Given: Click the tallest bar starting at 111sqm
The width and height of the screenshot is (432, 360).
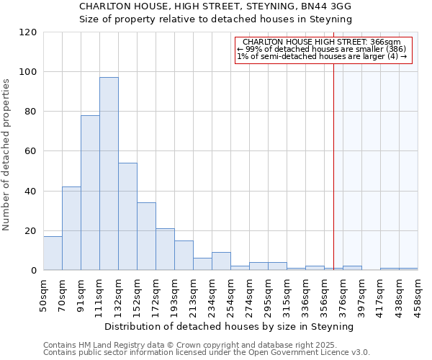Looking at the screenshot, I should click(x=109, y=174).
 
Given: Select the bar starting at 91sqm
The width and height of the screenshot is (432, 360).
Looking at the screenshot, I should click(x=90, y=193).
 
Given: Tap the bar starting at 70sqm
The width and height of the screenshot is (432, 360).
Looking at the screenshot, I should click(x=71, y=228).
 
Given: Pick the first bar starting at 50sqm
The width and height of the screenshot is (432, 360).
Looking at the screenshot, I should click(x=53, y=253).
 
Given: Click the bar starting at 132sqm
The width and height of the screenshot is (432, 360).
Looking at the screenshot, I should click(x=127, y=216).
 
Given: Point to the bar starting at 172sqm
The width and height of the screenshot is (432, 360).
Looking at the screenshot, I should click(x=165, y=249).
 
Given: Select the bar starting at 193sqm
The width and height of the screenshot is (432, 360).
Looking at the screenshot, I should click(x=184, y=256).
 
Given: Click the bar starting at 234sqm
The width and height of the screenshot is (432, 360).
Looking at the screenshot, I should click(x=221, y=261).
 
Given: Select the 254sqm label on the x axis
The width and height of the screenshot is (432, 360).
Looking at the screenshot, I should click(x=231, y=294).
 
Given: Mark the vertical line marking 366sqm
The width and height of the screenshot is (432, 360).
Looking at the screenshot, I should click(x=333, y=166).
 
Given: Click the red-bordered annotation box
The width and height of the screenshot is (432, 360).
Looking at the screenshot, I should click(x=323, y=49).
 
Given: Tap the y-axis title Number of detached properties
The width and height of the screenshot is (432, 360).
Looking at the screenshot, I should click(x=7, y=156).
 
